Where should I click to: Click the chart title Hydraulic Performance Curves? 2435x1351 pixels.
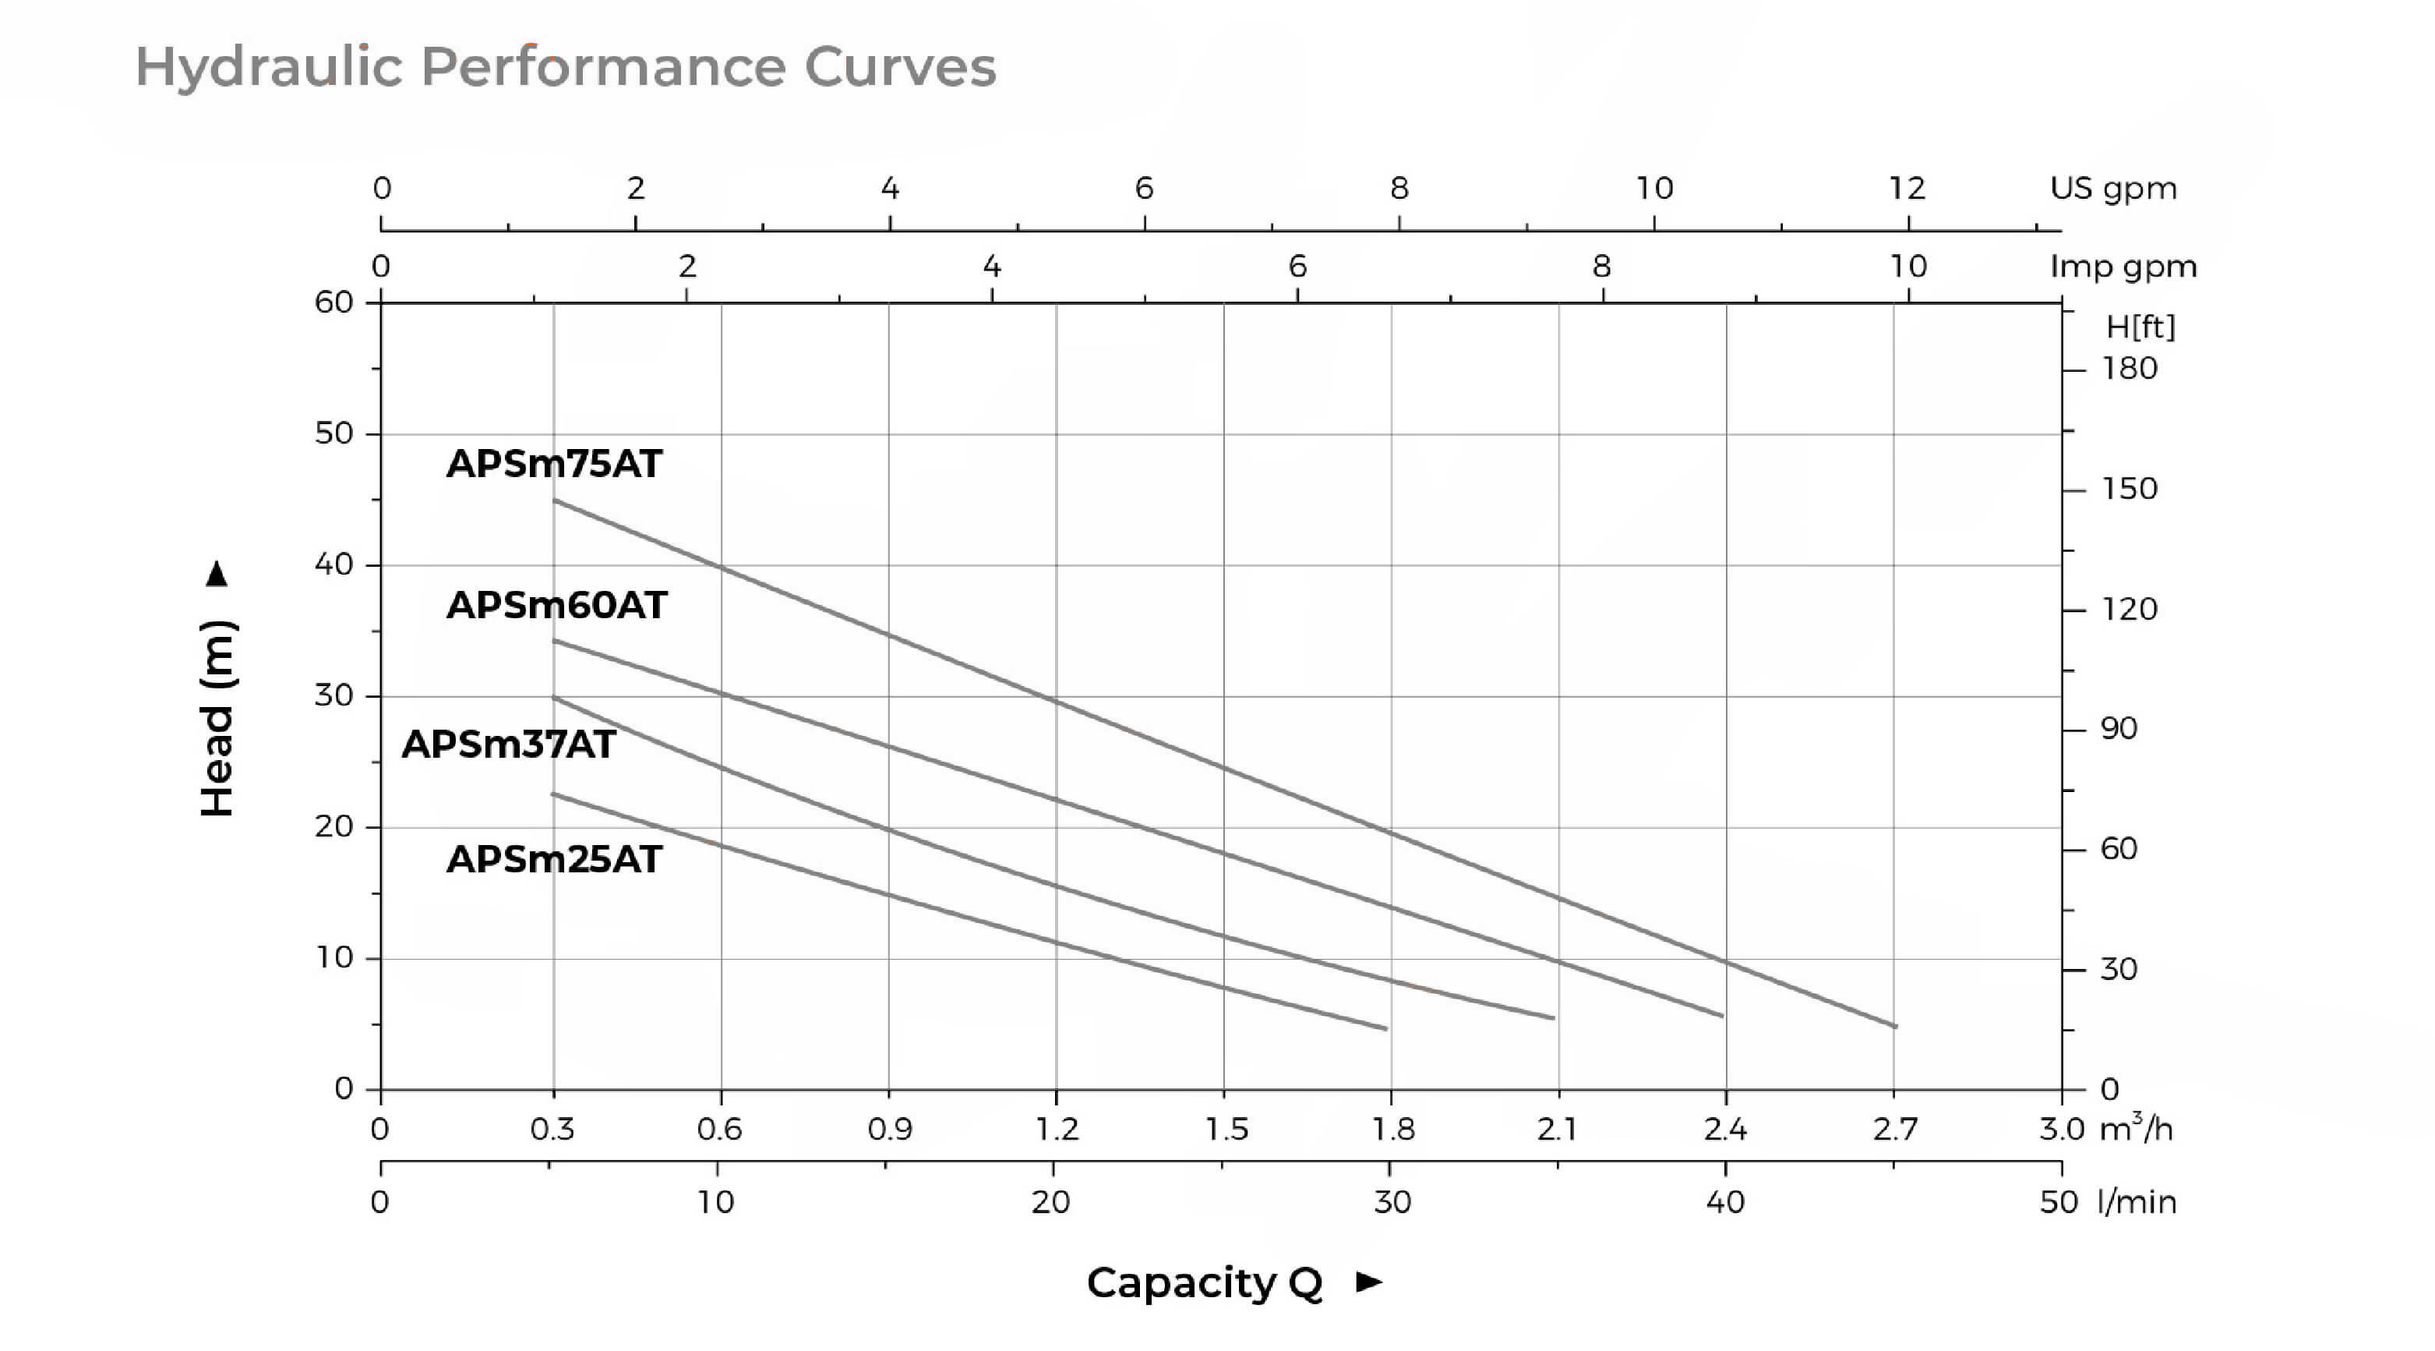[x=565, y=67]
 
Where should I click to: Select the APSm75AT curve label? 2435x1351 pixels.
[x=554, y=463]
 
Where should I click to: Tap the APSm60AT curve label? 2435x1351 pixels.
[x=557, y=605]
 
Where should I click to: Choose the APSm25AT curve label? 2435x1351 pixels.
[x=554, y=859]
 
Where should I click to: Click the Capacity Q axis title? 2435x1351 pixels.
[x=1205, y=1283]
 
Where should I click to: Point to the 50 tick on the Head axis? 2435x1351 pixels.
[x=333, y=434]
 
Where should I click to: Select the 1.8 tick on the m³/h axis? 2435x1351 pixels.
[x=1393, y=1129]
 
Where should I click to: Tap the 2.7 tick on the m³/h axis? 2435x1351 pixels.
[x=1895, y=1129]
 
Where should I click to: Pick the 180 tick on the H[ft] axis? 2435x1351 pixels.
[x=2130, y=369]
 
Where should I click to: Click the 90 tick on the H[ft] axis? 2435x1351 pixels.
[x=2119, y=729]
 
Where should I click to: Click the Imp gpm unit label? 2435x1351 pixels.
[x=2123, y=267]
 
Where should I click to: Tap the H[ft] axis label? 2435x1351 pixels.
[x=2141, y=327]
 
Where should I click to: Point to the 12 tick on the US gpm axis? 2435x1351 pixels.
[x=1907, y=188]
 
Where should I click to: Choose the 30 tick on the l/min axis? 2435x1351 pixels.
[x=1392, y=1203]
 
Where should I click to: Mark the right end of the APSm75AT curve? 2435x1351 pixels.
[x=1894, y=1026]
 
